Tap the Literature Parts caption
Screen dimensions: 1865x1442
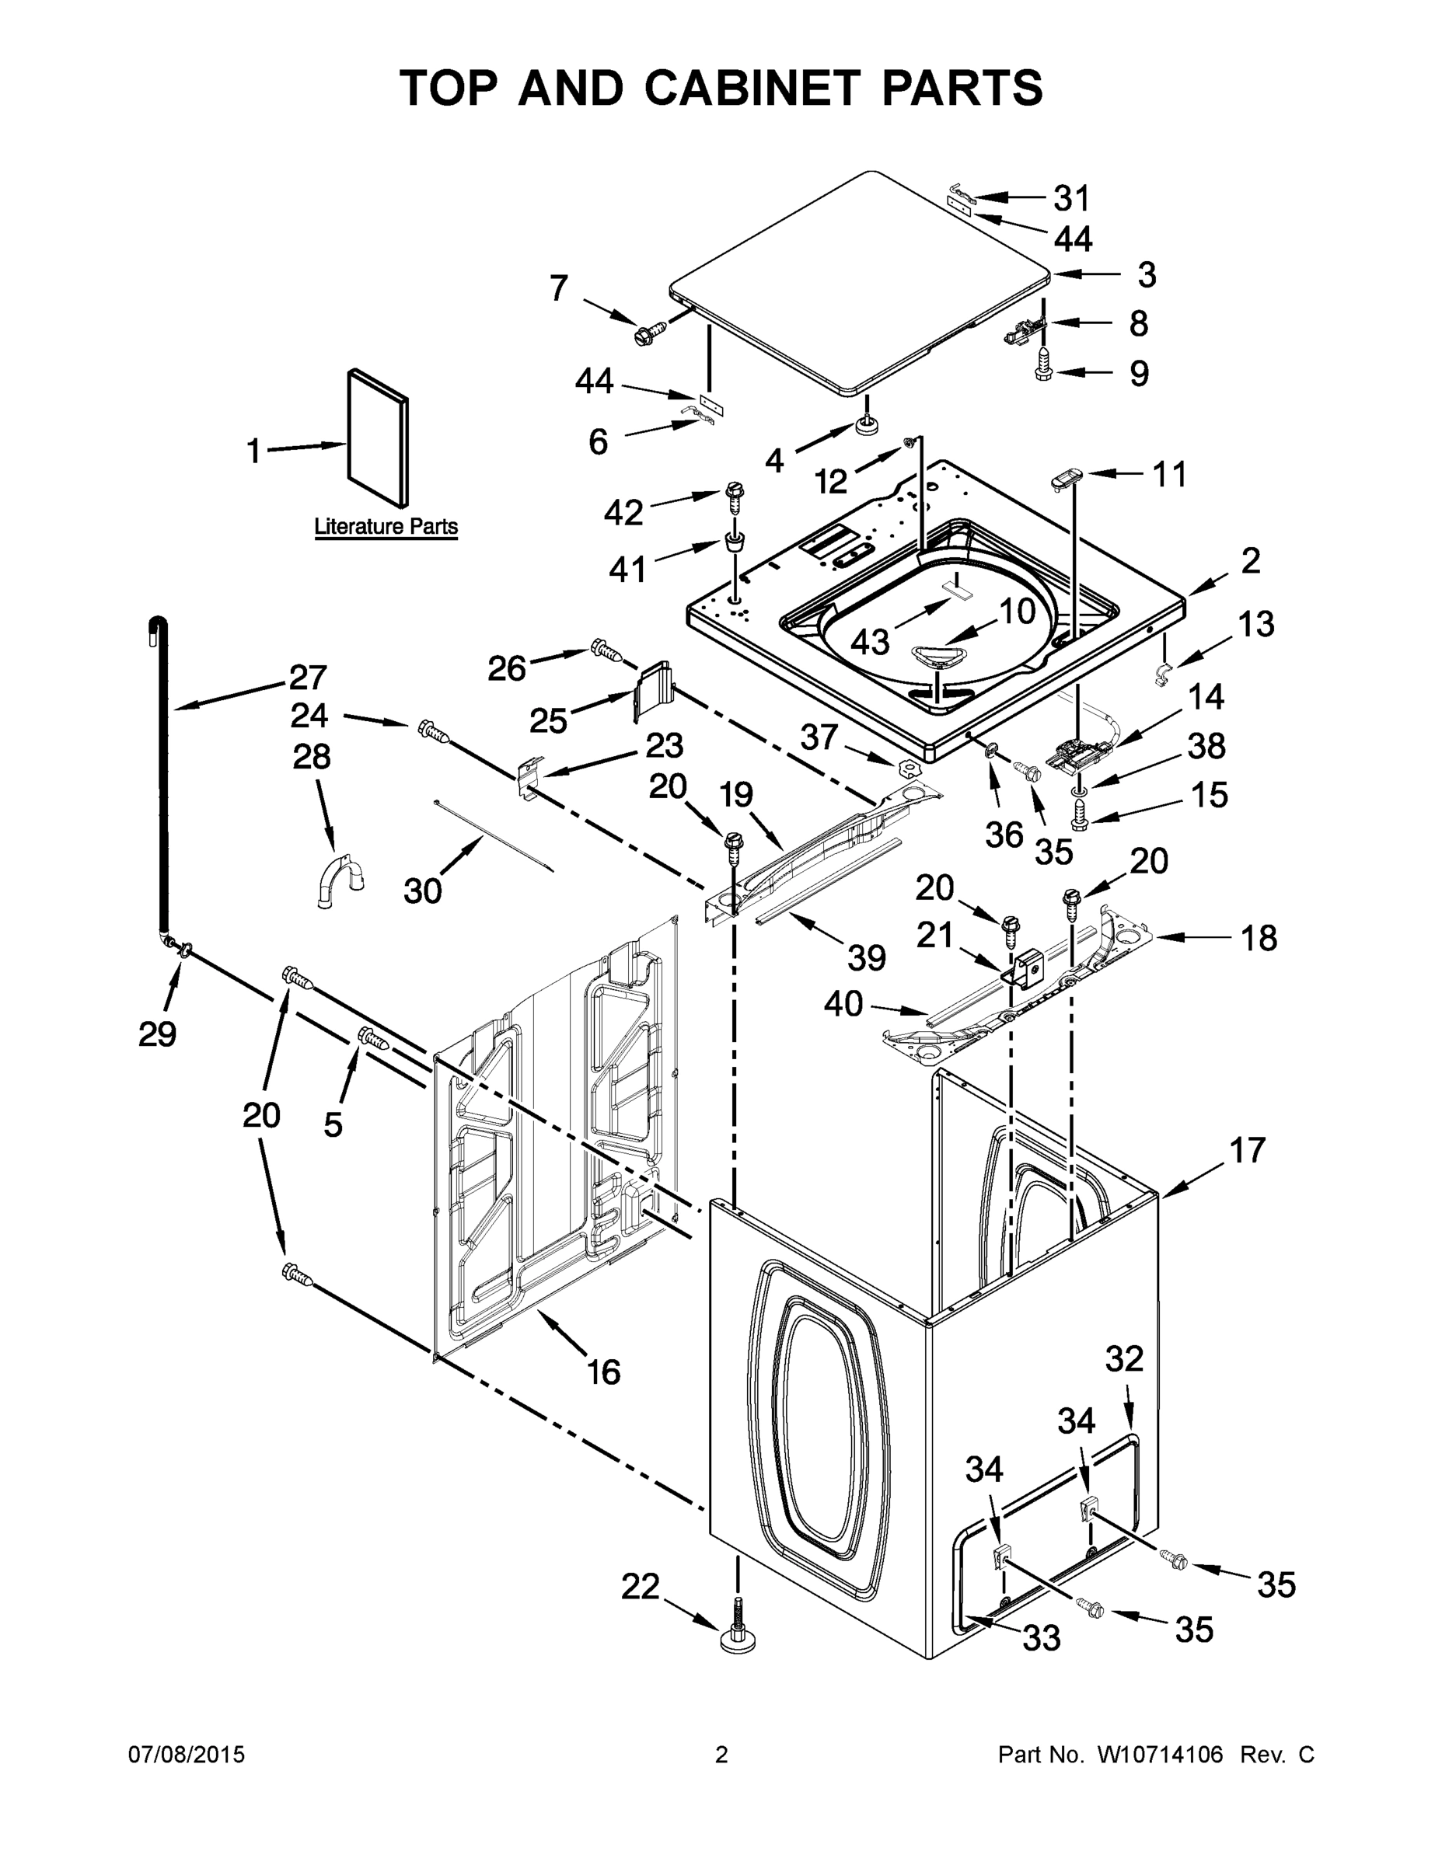pos(386,527)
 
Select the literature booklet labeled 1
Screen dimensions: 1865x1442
pos(378,437)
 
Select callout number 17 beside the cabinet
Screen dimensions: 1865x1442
pos(1247,1150)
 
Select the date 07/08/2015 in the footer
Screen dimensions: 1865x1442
pos(187,1755)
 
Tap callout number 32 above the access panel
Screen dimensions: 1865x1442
pos(1123,1358)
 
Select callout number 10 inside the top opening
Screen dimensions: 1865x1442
pos(1017,612)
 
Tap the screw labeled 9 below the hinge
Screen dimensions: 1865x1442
pos(1044,371)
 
